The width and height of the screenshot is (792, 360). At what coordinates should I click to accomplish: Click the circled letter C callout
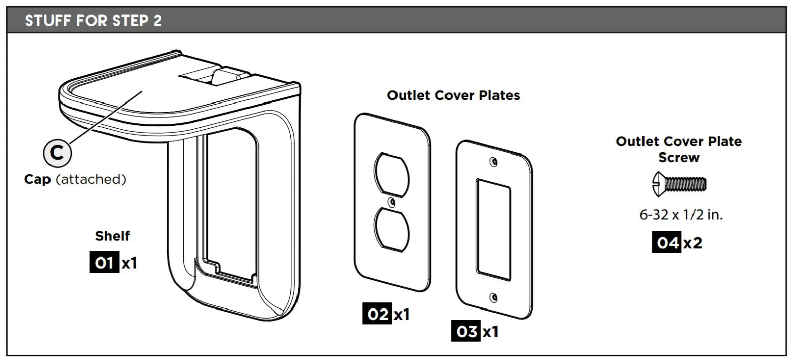(x=58, y=152)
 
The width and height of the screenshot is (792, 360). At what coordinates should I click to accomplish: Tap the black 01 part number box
(x=104, y=264)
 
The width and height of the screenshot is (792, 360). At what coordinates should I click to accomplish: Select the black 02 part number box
(x=377, y=315)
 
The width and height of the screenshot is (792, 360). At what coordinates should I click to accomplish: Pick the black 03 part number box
(x=466, y=332)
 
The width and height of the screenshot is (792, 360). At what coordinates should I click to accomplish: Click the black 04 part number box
(x=666, y=243)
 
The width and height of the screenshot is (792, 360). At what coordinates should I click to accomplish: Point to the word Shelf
(x=113, y=236)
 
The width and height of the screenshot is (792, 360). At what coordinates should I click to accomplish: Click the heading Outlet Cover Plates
(x=453, y=95)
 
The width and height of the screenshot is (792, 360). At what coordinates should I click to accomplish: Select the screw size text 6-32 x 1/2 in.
(x=681, y=215)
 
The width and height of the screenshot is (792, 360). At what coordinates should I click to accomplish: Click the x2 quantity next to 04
(x=692, y=243)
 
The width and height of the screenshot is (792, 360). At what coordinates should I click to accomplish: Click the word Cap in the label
(x=37, y=179)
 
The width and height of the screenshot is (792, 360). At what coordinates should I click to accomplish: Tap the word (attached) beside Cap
(x=90, y=179)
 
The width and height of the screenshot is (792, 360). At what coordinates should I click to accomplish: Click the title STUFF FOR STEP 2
(x=93, y=22)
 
